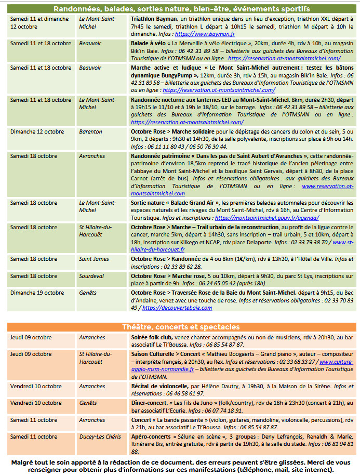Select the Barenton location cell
(90, 132)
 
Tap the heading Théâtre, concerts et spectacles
(181, 327)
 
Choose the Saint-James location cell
(94, 259)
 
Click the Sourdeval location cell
(92, 276)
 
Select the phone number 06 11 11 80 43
(153, 147)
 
